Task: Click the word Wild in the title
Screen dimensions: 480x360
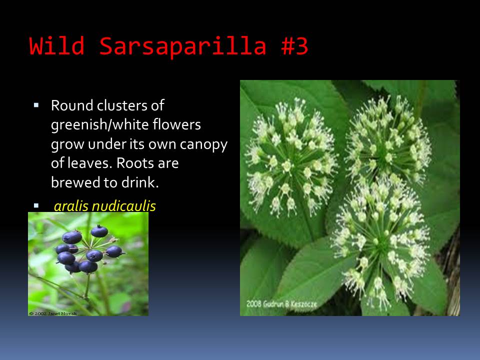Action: pos(57,46)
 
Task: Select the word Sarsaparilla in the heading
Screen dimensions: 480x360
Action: pos(183,46)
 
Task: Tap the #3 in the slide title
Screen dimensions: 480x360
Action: pos(294,46)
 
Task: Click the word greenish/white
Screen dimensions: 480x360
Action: pos(100,125)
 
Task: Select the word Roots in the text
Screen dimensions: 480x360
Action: pos(131,163)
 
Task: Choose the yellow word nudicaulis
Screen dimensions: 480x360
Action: pos(123,205)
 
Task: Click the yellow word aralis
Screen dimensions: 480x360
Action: pos(71,205)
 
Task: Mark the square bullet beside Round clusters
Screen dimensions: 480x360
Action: pos(36,105)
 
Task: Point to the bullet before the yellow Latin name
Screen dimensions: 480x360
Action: pos(36,205)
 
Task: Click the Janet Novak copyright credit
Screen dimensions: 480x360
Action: pos(53,313)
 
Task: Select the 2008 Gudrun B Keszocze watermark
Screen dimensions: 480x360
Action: pos(281,304)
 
